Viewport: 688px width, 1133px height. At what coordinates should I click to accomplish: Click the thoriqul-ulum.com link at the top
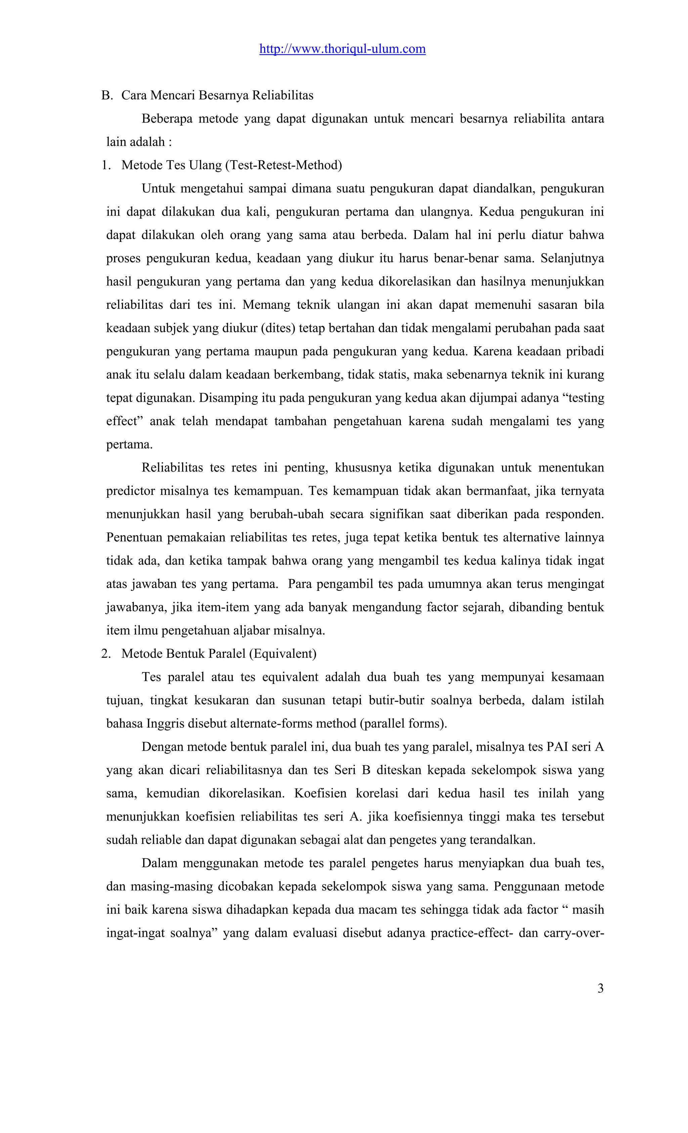click(342, 49)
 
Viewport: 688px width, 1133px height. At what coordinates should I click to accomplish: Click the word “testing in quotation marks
click(583, 398)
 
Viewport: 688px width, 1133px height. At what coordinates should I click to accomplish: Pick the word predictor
click(130, 491)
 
